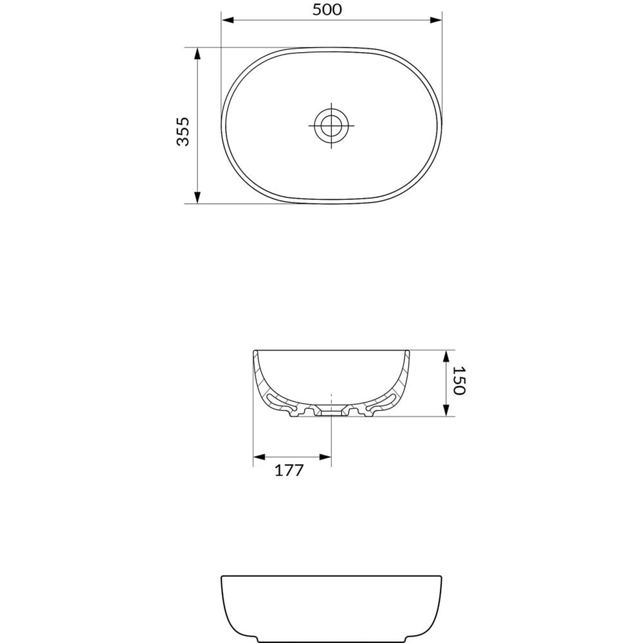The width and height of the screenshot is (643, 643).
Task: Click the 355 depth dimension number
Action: [183, 131]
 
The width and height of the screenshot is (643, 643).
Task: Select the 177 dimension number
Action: [289, 471]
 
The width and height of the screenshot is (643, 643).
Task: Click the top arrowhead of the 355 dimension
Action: [197, 53]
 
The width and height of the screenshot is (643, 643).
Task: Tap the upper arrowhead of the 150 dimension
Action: [445, 356]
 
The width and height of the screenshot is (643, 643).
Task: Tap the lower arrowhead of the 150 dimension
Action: [445, 411]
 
